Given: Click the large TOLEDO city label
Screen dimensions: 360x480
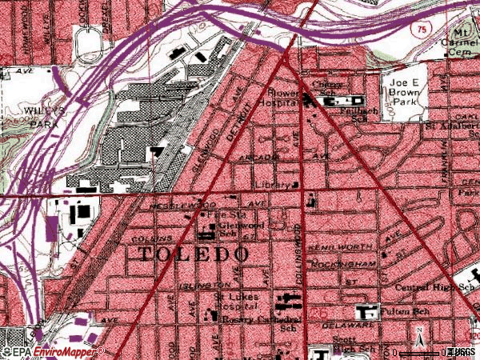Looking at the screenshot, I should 194,254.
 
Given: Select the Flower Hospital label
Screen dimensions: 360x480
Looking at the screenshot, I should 282,96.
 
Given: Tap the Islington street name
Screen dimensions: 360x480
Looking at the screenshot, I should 206,284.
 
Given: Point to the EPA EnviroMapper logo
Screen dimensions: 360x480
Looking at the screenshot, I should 53,351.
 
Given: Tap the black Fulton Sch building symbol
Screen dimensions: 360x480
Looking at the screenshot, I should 368,311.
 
